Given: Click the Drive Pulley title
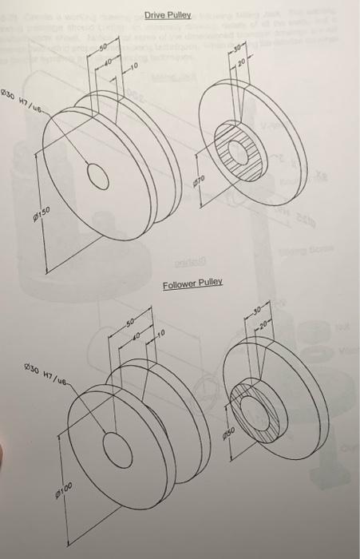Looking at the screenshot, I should [x=169, y=14].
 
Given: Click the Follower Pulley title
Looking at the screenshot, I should [x=192, y=284].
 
